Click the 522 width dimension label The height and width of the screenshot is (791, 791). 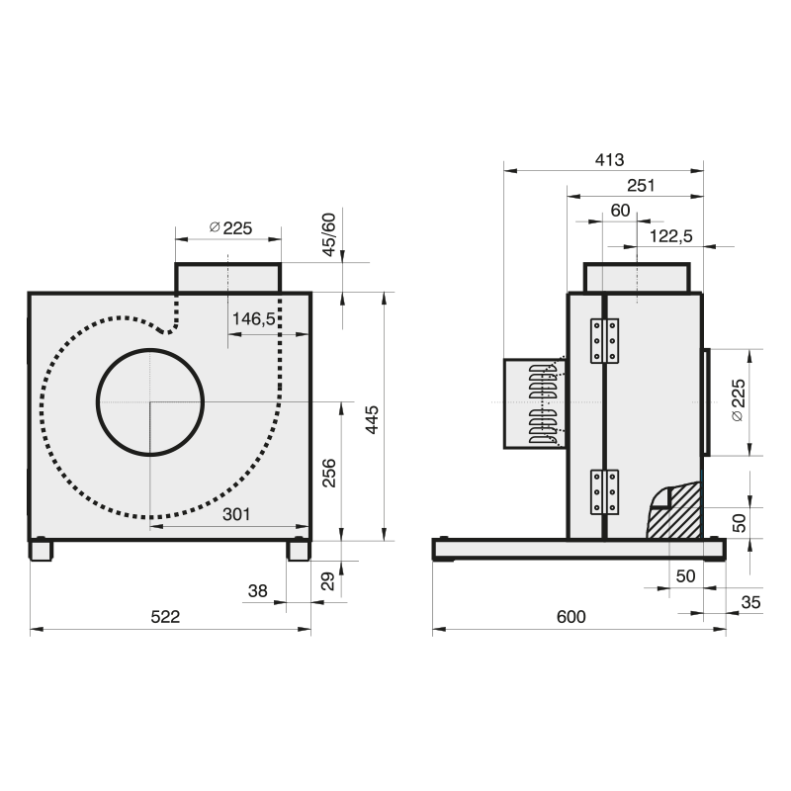tap(165, 616)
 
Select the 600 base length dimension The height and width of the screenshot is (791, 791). tap(571, 616)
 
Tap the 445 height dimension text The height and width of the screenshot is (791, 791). tap(372, 419)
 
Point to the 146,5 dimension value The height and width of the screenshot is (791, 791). tap(253, 318)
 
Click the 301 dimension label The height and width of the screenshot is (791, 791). tap(236, 514)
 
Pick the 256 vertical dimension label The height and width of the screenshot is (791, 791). tap(329, 473)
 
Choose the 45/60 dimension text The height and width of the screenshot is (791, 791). tap(328, 234)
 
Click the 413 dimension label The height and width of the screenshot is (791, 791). tap(609, 160)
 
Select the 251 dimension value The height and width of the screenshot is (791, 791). tap(641, 186)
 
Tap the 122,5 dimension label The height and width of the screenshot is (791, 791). tap(671, 236)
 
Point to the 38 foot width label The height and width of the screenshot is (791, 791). tap(257, 590)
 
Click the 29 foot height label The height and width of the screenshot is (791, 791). tap(328, 581)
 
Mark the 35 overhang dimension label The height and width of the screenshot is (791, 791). tap(750, 602)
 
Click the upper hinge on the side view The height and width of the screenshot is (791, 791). tap(604, 340)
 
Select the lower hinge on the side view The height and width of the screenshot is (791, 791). tap(604, 491)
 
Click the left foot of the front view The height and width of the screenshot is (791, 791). tap(41, 550)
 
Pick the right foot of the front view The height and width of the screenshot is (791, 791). tap(299, 550)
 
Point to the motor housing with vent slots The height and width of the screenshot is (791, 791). tap(535, 403)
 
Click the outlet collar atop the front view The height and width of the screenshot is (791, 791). tap(228, 278)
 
